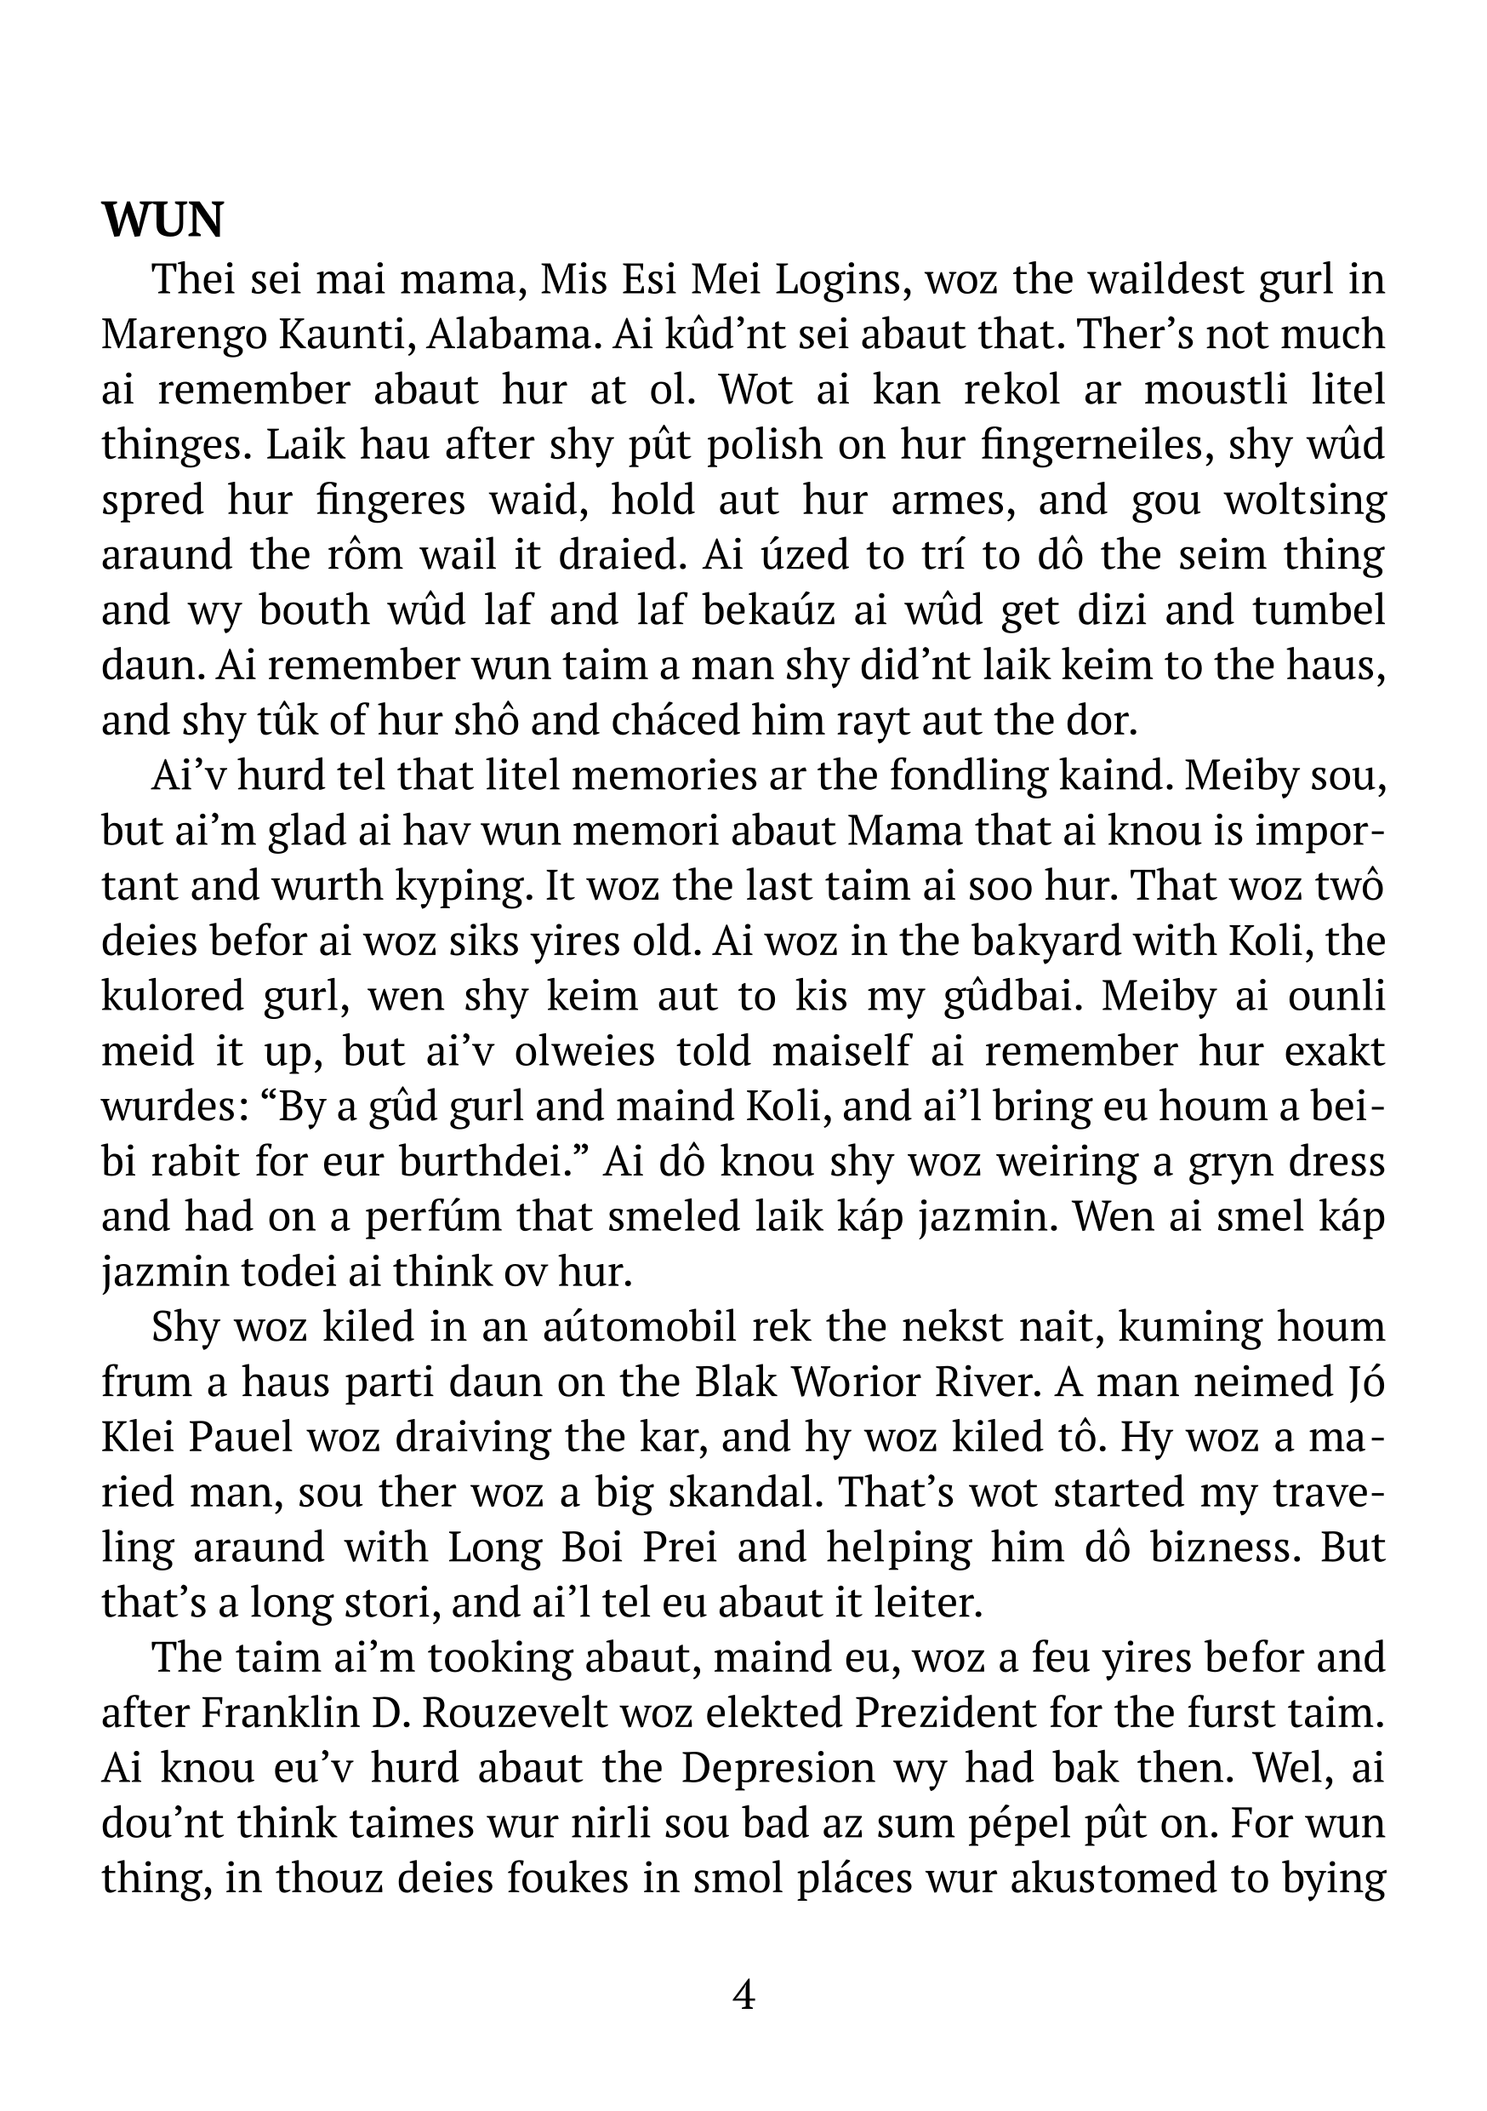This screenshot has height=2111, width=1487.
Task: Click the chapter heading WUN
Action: pyautogui.click(x=162, y=221)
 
